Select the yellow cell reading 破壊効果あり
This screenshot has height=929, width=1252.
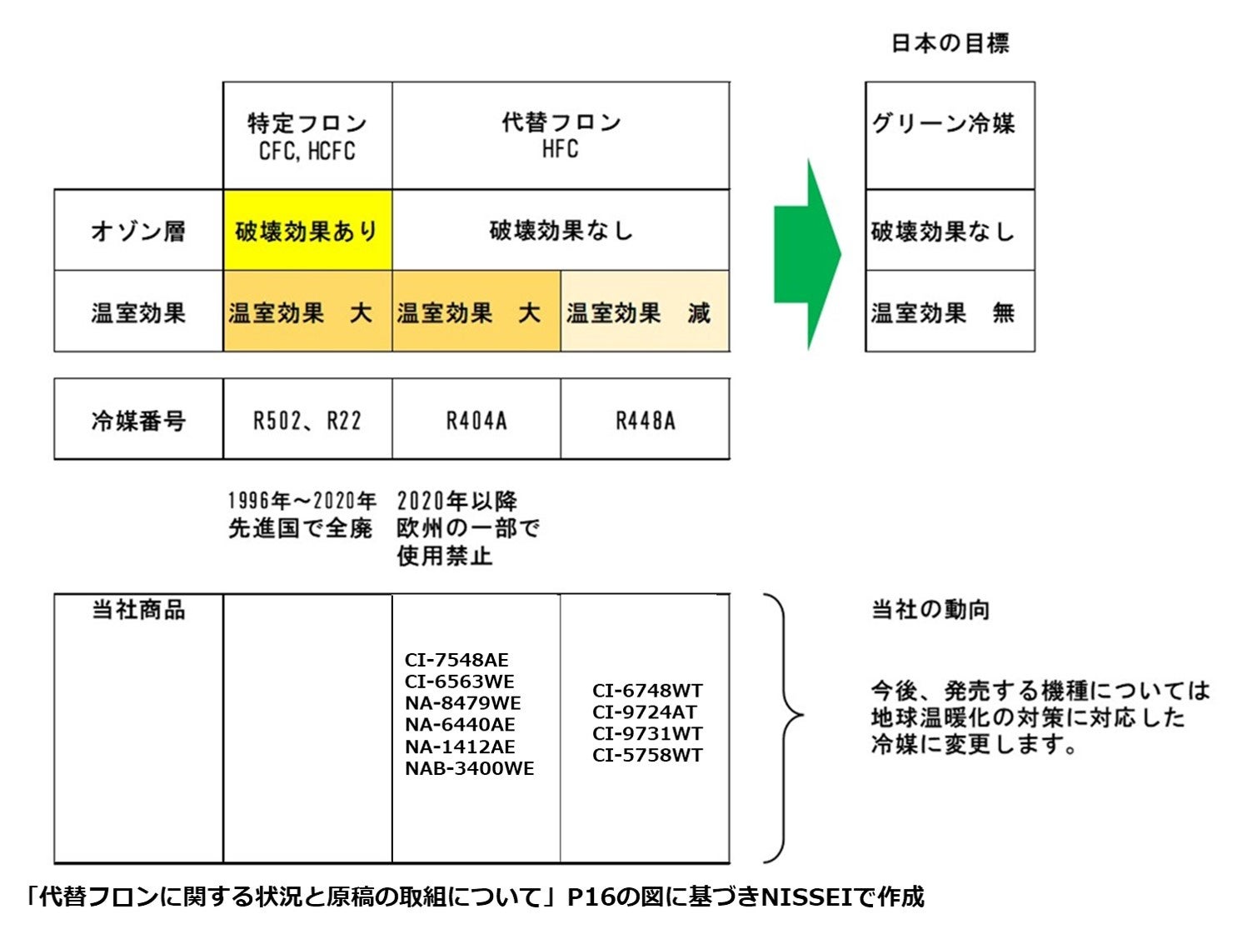coord(307,231)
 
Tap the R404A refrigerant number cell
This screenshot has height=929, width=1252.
coord(476,420)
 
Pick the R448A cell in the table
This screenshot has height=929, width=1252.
coord(646,420)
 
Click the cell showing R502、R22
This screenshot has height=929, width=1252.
coord(307,420)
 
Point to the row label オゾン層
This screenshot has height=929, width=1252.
coord(138,231)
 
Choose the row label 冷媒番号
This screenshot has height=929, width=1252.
coord(138,420)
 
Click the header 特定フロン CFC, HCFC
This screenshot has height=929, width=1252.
coord(307,136)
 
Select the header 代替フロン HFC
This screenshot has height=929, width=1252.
coord(561,136)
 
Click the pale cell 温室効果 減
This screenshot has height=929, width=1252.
coord(646,312)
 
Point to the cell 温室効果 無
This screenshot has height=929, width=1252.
coord(950,312)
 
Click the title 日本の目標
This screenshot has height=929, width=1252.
coord(950,43)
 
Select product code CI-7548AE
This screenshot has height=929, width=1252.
coord(456,660)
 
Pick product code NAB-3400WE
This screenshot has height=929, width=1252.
coord(470,768)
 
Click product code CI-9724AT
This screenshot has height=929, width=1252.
coord(645,712)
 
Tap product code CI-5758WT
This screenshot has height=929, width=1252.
coord(647,755)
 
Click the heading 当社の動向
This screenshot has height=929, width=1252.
coord(930,610)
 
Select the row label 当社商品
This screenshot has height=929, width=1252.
coord(138,610)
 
